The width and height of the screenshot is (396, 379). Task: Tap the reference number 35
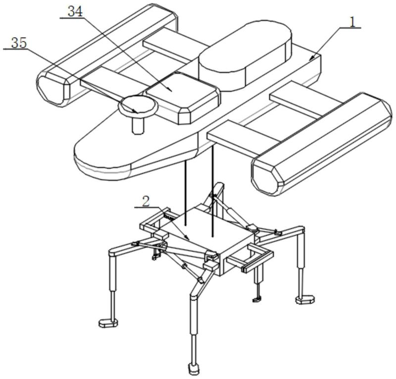click(x=19, y=43)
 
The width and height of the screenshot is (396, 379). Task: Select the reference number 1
click(x=351, y=22)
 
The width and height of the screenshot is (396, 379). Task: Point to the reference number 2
click(x=146, y=201)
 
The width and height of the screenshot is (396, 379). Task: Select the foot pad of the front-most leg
click(x=193, y=369)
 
